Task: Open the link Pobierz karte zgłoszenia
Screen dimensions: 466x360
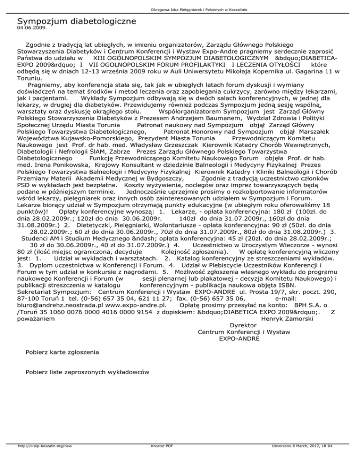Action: (62, 351)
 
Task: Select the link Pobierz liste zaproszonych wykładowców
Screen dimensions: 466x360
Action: (88, 372)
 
